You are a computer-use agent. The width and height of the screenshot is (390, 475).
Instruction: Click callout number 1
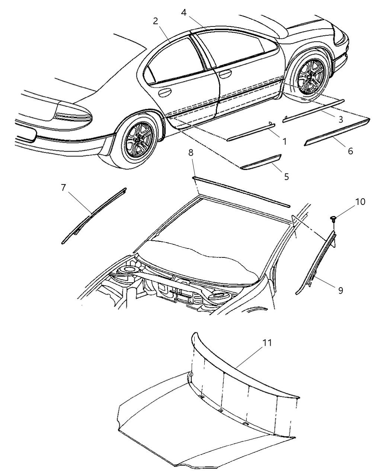pos(284,142)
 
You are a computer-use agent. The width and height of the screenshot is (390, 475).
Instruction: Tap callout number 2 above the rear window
pos(156,21)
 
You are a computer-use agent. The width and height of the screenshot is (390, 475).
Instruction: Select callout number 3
pos(341,120)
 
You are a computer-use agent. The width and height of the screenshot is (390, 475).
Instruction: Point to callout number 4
pos(184,12)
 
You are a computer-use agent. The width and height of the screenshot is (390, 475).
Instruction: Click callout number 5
pos(286,176)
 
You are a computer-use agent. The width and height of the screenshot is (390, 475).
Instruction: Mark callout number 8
pos(191,163)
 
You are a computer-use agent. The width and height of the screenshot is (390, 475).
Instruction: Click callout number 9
pos(341,290)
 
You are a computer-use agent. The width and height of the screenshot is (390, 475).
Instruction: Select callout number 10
pos(360,202)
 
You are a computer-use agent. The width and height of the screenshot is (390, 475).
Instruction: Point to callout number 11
pos(267,342)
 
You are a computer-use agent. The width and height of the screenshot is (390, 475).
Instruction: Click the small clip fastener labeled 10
pos(333,219)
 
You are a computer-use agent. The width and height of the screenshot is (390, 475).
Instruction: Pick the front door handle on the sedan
pos(225,74)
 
